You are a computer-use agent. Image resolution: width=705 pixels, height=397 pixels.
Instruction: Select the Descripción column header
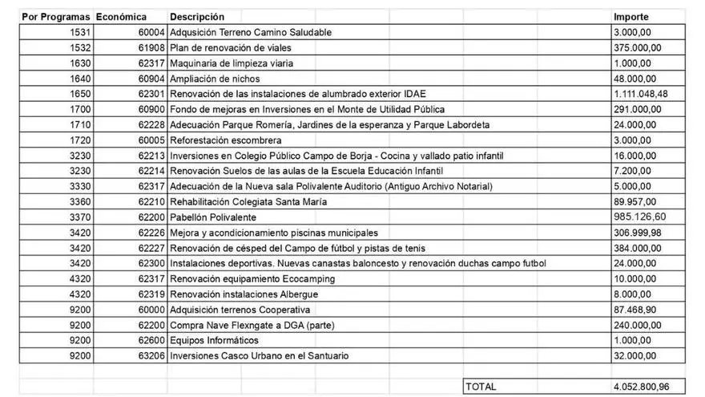coord(197,17)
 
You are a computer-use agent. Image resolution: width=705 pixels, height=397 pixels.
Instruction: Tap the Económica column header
coord(121,17)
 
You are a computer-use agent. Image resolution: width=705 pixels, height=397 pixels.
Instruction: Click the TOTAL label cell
coord(481,387)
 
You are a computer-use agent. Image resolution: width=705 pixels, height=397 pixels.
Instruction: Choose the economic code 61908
coord(151,47)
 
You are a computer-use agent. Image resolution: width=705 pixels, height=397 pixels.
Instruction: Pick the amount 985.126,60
coord(640,217)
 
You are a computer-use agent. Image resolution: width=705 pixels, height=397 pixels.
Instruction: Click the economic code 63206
coord(151,356)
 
